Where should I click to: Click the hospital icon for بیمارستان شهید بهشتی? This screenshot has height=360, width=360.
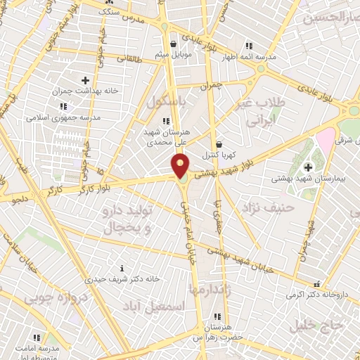(x=307, y=167)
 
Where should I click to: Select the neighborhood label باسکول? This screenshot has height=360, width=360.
(x=166, y=103)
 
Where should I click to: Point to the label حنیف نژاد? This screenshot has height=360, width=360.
(x=262, y=208)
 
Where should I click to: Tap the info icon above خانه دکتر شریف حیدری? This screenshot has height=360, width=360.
(x=122, y=268)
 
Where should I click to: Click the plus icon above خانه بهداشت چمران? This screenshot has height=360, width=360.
(x=86, y=80)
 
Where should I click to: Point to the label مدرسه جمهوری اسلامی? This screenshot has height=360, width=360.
(x=64, y=117)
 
